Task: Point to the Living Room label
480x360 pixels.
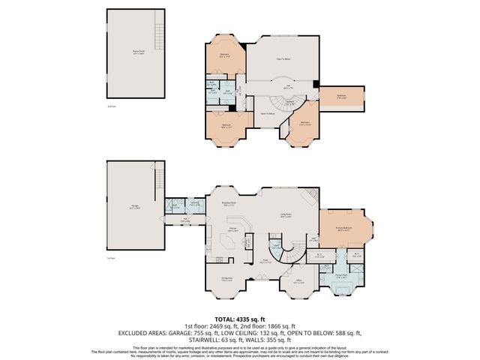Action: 286,215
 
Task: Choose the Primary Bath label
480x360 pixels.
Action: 340,275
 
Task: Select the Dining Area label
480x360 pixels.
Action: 226,278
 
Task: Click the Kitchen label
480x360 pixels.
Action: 233,229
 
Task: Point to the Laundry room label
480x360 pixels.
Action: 193,202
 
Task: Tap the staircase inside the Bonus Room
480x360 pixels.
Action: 158,33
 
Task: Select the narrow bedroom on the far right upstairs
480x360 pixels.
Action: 341,96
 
